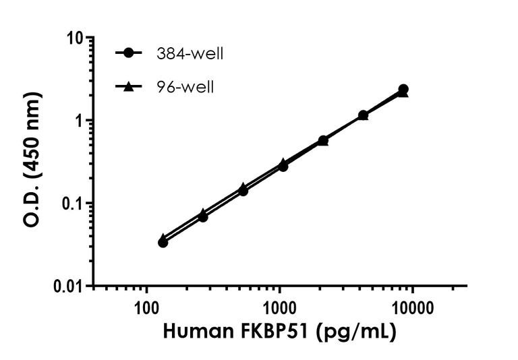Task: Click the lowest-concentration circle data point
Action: (163, 242)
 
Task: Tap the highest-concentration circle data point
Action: (403, 89)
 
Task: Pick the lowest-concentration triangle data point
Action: (163, 238)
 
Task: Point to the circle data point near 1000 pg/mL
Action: (283, 166)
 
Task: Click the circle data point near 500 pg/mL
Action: (243, 191)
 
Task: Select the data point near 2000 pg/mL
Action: (323, 140)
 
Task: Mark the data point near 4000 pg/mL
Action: (363, 115)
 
